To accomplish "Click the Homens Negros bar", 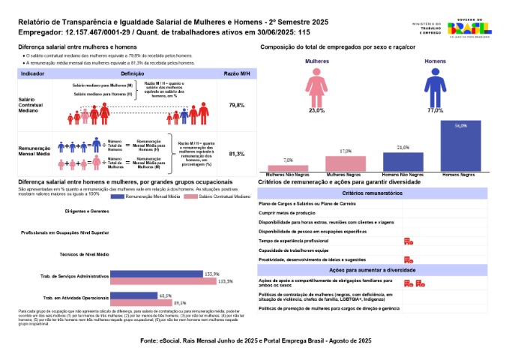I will click(x=460, y=145).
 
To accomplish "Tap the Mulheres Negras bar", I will click(x=346, y=163).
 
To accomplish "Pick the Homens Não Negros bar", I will click(x=403, y=162).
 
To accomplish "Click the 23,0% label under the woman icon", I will click(x=316, y=110).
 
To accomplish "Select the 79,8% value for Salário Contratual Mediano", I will click(x=236, y=105).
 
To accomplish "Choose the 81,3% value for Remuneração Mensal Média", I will click(x=236, y=154).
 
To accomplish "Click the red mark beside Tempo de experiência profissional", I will click(x=409, y=241).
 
